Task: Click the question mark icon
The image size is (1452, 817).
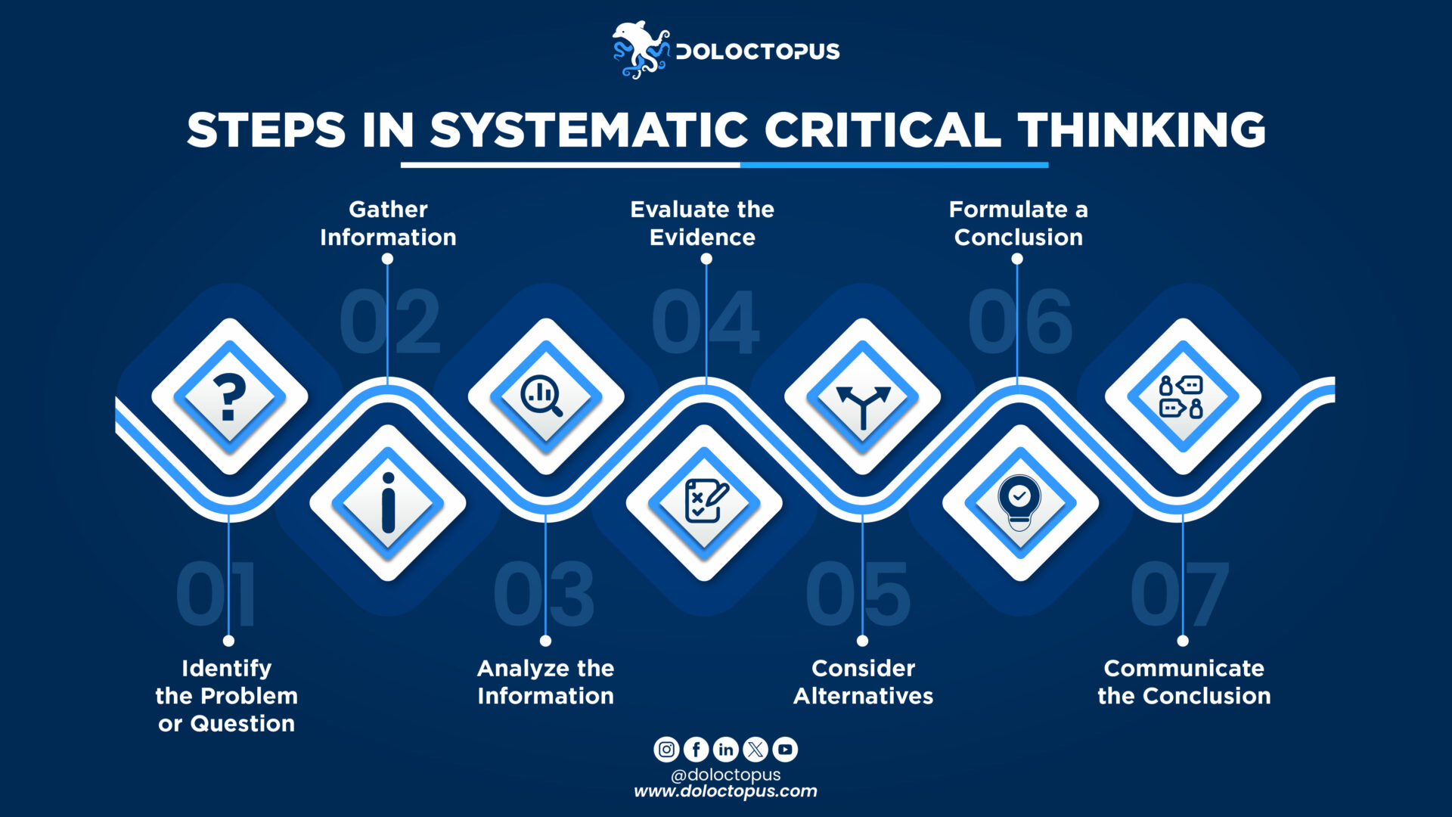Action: tap(230, 396)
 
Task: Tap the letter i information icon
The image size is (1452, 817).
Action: tap(388, 503)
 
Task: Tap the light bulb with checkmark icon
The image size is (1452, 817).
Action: tap(1019, 502)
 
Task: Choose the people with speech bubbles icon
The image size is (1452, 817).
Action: tap(1181, 396)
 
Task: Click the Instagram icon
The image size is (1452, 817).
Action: tap(666, 750)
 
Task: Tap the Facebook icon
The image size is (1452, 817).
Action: tap(696, 750)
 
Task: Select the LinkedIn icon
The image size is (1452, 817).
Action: tap(725, 750)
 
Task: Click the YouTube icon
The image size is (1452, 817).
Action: tap(785, 750)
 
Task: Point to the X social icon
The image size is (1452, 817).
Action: tap(755, 750)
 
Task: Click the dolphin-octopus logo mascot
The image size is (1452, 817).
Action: tap(640, 50)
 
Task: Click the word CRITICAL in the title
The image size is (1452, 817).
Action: tap(882, 130)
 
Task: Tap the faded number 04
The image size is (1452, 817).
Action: tap(705, 324)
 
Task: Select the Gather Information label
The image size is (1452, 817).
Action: tap(388, 223)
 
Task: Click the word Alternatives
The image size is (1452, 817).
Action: tap(863, 696)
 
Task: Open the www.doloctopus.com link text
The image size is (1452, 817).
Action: tap(725, 791)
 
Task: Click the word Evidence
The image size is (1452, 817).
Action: tap(703, 238)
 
